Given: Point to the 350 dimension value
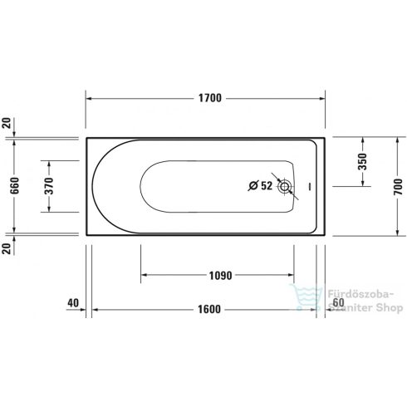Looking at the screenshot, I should click(x=362, y=162).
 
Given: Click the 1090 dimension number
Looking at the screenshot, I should click(x=218, y=274).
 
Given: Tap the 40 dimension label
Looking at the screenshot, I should click(x=72, y=303).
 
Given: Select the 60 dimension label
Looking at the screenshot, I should click(x=337, y=303).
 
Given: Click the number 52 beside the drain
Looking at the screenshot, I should click(x=266, y=187).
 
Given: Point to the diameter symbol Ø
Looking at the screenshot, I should click(x=253, y=187).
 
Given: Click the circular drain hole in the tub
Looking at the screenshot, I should click(x=286, y=187).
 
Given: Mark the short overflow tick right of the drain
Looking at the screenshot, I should click(x=308, y=187).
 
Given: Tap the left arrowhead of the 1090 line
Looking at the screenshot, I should click(x=143, y=274).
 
